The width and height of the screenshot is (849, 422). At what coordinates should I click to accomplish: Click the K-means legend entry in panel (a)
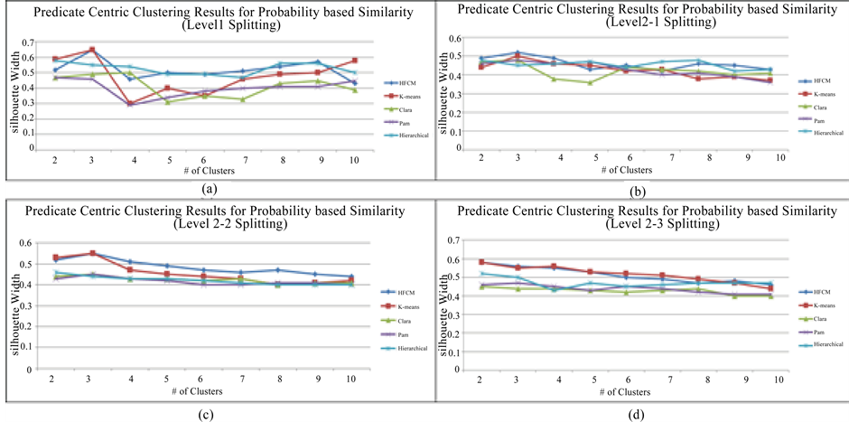click(x=397, y=94)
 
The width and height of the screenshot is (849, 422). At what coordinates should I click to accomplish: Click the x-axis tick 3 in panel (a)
click(x=92, y=159)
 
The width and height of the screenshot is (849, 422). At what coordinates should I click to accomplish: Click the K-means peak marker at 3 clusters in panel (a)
click(x=92, y=51)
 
